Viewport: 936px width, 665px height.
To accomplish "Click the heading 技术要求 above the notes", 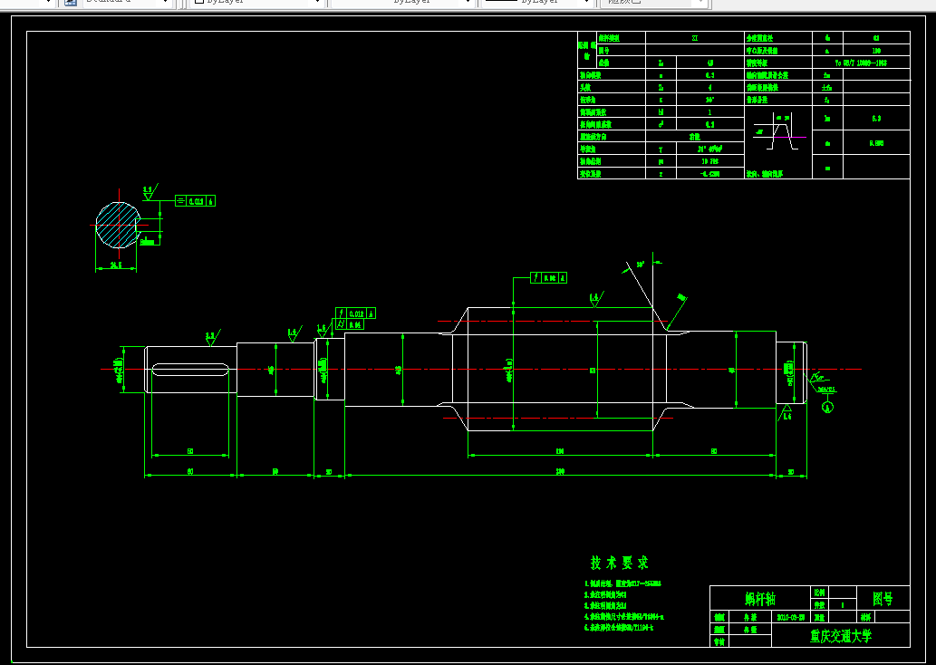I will pyautogui.click(x=619, y=563).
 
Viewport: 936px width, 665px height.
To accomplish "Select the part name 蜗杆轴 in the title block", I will pyautogui.click(x=759, y=599).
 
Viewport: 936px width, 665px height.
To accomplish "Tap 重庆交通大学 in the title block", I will pyautogui.click(x=840, y=636).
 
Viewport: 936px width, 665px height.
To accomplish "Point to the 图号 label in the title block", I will pyautogui.click(x=882, y=599).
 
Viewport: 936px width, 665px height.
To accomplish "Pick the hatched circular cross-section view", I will pyautogui.click(x=117, y=224).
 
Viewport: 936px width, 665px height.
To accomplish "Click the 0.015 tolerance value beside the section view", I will pyautogui.click(x=197, y=201).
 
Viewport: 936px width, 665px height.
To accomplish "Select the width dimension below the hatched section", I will pyautogui.click(x=116, y=265).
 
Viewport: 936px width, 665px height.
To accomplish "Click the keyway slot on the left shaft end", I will pyautogui.click(x=189, y=369).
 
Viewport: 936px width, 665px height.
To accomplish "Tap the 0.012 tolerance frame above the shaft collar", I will pyautogui.click(x=356, y=313).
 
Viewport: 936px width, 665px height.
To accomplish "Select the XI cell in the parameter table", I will pyautogui.click(x=695, y=39).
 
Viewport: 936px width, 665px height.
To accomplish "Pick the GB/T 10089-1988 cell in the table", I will pyautogui.click(x=860, y=63).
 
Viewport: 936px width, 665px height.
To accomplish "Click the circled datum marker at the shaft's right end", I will pyautogui.click(x=827, y=407).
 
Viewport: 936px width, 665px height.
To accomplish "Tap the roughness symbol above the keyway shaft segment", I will pyautogui.click(x=210, y=336).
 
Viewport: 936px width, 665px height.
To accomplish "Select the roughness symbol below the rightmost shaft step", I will pyautogui.click(x=786, y=414).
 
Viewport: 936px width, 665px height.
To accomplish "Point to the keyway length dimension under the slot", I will pyautogui.click(x=189, y=450).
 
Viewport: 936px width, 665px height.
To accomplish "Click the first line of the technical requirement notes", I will pyautogui.click(x=625, y=583).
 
